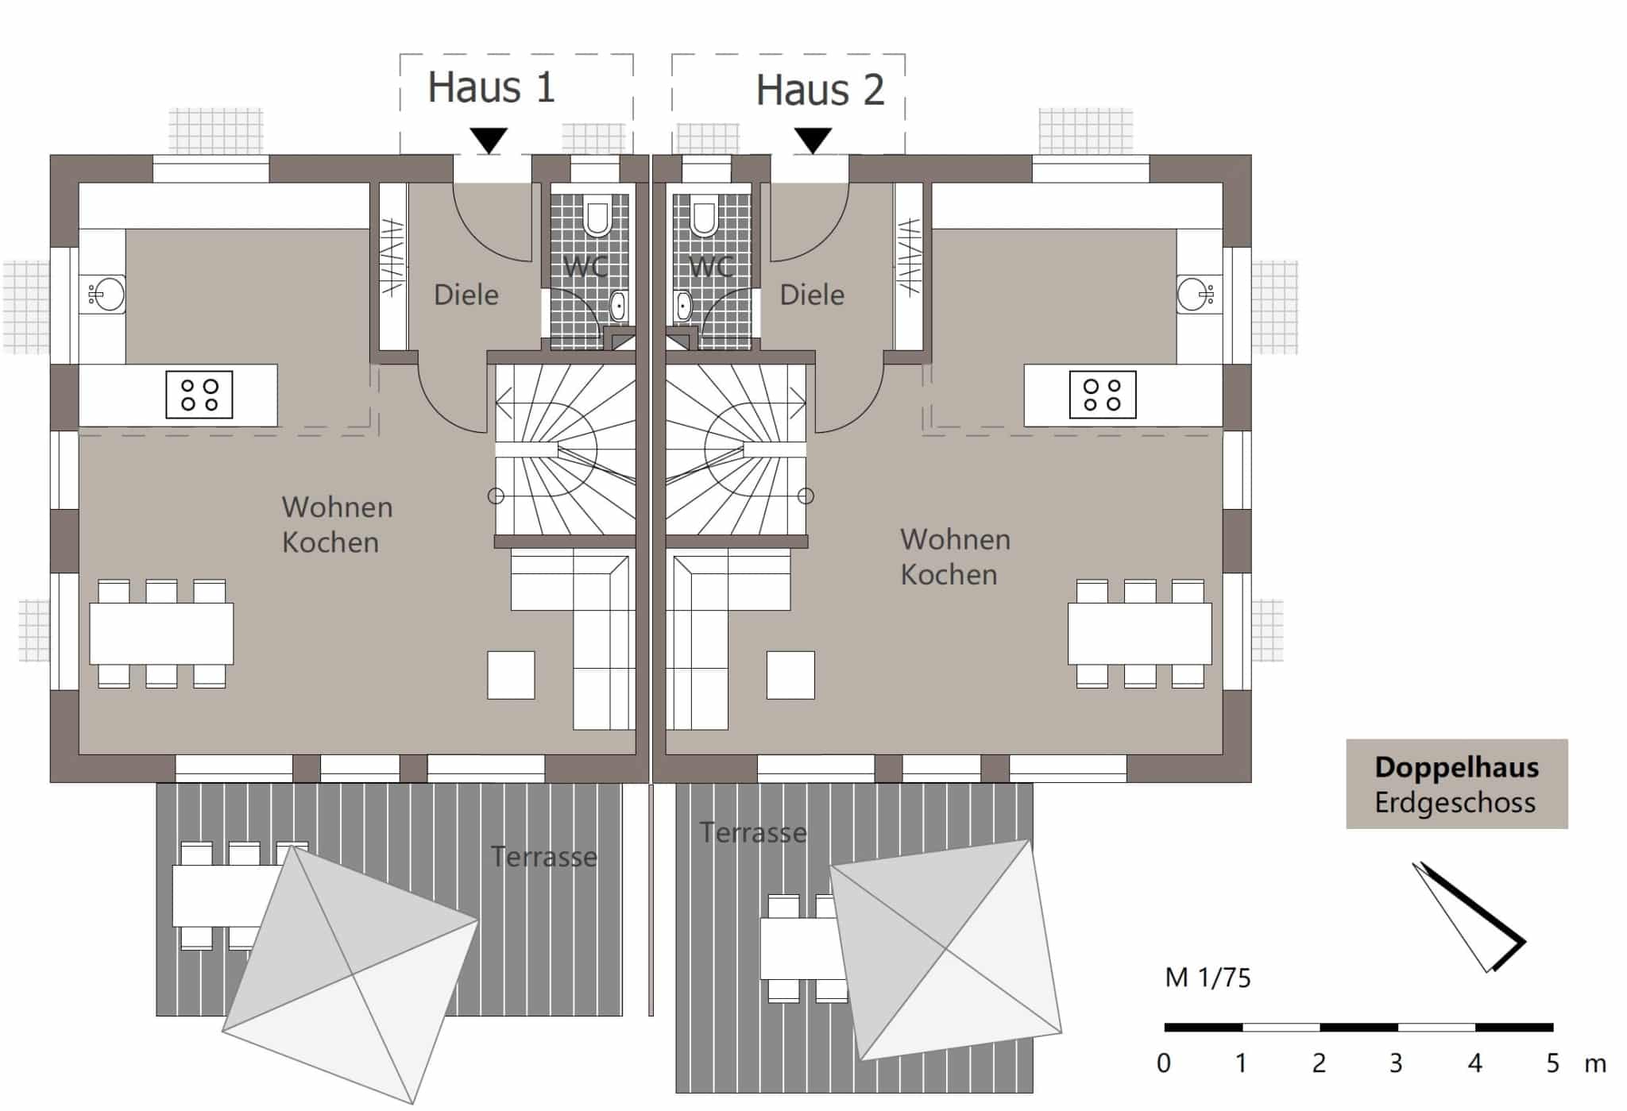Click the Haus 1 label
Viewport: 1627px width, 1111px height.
491,87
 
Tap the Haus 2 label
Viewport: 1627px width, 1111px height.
820,90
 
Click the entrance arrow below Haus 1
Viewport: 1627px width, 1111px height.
489,141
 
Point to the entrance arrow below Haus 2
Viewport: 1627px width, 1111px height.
813,141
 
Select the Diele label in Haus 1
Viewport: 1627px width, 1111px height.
466,295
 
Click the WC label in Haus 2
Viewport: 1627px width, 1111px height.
711,267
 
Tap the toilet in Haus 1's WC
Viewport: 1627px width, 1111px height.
595,217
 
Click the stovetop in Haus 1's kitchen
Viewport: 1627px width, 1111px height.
199,395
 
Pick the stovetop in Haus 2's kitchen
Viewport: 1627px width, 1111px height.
1103,395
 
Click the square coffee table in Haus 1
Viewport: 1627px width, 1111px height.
511,675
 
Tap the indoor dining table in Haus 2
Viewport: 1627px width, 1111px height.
1139,634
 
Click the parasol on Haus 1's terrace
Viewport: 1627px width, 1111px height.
351,974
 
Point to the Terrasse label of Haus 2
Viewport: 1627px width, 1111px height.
753,833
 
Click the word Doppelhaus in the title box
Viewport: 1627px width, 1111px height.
1456,768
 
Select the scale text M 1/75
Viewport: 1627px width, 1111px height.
1208,978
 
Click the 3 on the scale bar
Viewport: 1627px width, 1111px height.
1396,1063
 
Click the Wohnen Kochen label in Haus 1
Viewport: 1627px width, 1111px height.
337,525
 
